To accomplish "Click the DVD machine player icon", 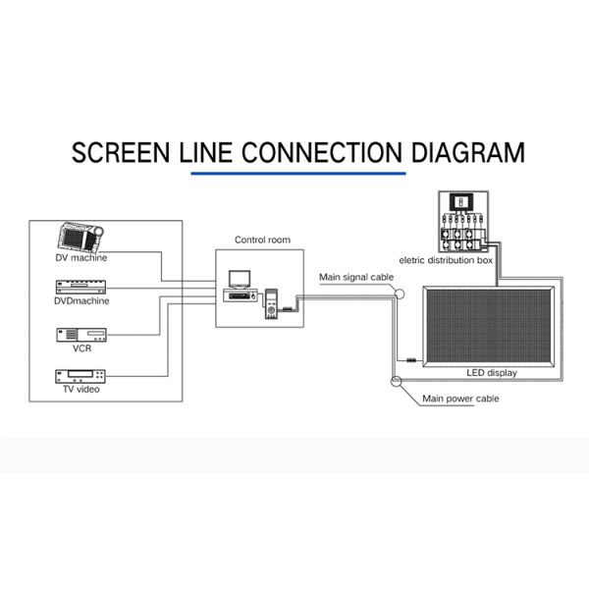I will click(x=81, y=287).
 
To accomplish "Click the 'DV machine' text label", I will click(x=81, y=258).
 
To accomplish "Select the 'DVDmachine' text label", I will click(x=81, y=300).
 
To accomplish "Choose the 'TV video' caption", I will click(x=81, y=391).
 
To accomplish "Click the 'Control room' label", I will click(x=262, y=239).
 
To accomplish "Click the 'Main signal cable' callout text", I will click(x=356, y=278).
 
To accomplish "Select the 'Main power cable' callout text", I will click(x=460, y=399).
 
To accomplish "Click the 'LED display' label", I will click(x=490, y=373).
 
